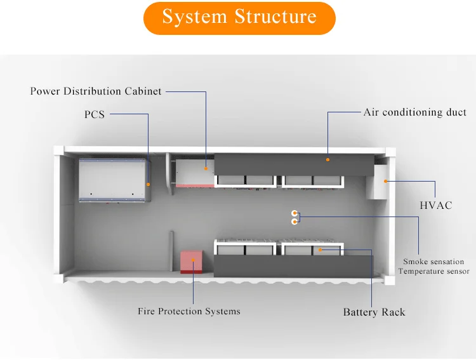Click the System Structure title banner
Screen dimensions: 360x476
[239, 18]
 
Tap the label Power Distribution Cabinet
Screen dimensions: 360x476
[96, 91]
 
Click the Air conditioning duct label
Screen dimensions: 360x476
[414, 112]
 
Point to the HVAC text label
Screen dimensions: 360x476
[435, 206]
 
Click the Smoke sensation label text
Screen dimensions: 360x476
[433, 262]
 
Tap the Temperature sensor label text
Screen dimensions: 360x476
[433, 271]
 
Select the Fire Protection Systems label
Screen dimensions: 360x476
[189, 311]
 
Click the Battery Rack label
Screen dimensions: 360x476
[374, 312]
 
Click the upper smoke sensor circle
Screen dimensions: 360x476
[294, 213]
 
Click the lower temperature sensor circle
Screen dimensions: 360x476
[294, 222]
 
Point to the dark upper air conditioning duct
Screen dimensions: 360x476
[292, 164]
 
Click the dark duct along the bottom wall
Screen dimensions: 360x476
[292, 265]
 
